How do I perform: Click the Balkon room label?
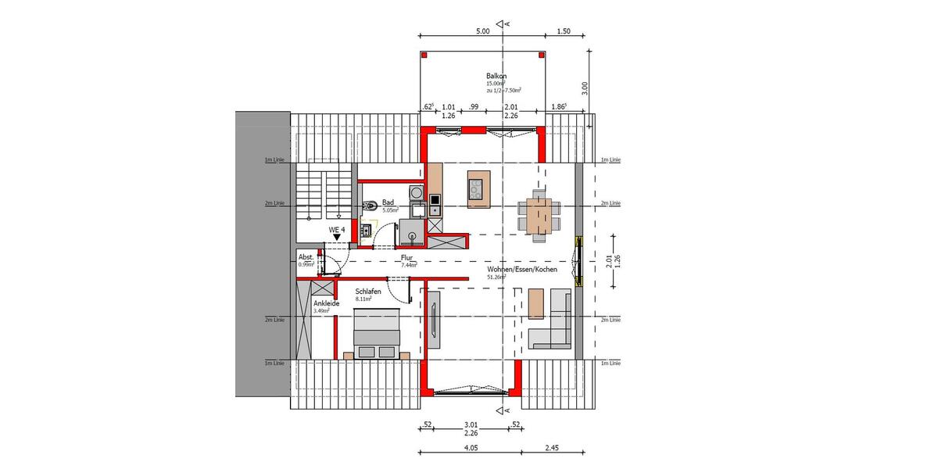(x=496, y=76)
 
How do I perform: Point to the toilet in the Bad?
(x=369, y=205)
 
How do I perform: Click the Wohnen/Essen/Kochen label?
(x=521, y=269)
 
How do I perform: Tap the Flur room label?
(x=406, y=257)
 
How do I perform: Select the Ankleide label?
(x=326, y=303)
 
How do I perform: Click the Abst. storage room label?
(x=306, y=257)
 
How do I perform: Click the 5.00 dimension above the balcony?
(x=482, y=31)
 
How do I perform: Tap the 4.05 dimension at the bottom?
(x=470, y=448)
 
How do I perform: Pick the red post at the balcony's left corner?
(x=424, y=55)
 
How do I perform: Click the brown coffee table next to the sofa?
(x=535, y=304)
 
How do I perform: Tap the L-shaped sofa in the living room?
(x=553, y=321)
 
